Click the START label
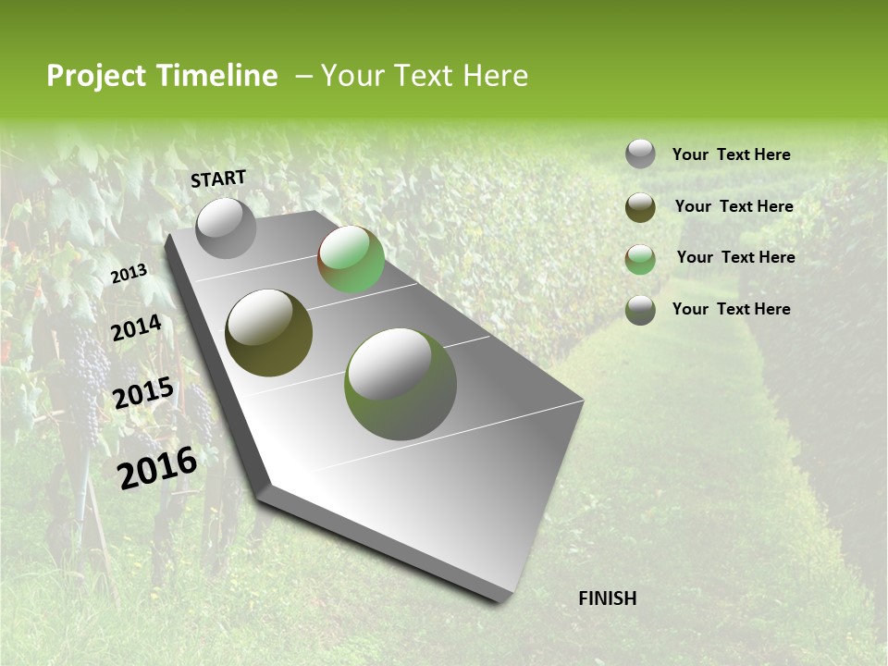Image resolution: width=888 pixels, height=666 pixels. [x=218, y=179]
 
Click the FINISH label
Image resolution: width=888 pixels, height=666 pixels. [x=607, y=598]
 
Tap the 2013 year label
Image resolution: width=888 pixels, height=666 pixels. [x=129, y=274]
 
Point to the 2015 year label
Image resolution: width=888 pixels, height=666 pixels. [x=143, y=393]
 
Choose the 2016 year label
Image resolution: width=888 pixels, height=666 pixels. [x=158, y=467]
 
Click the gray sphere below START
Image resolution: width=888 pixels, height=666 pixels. [x=227, y=228]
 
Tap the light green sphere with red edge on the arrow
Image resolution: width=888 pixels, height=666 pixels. [x=351, y=260]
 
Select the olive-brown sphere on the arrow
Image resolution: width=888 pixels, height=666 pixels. [x=269, y=333]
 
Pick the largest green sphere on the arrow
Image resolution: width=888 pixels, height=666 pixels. [x=401, y=384]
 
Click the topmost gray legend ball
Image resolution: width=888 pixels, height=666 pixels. [x=640, y=154]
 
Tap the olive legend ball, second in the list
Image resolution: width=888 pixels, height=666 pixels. [x=640, y=207]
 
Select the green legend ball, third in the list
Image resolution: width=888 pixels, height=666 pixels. [x=640, y=259]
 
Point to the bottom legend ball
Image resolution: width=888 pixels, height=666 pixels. [x=640, y=310]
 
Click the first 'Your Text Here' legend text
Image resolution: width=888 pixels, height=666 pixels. [x=731, y=154]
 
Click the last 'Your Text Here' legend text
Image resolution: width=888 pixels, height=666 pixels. [x=731, y=309]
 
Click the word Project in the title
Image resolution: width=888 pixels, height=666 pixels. [x=95, y=76]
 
